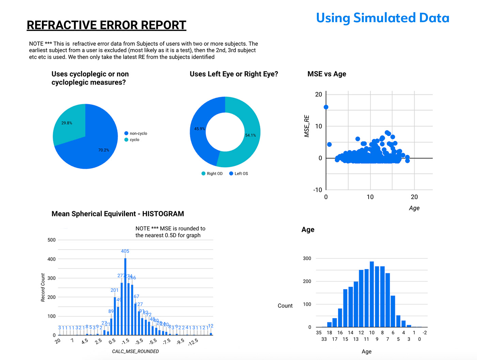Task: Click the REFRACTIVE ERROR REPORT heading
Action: [106, 25]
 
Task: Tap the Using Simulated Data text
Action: [382, 18]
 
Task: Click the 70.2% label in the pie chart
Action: [104, 150]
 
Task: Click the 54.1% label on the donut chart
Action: [250, 135]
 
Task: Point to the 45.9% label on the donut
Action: [199, 129]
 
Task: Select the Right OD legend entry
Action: [212, 174]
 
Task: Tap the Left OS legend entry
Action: [239, 174]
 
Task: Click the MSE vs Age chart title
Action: [326, 74]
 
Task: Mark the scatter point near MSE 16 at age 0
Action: [326, 107]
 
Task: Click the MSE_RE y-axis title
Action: [307, 126]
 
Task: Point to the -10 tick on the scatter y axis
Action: [318, 190]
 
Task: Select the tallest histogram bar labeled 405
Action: [125, 297]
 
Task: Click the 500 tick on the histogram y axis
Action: [51, 240]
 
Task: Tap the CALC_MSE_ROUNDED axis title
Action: [135, 351]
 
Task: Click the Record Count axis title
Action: [43, 287]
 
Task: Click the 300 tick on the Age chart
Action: [307, 258]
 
